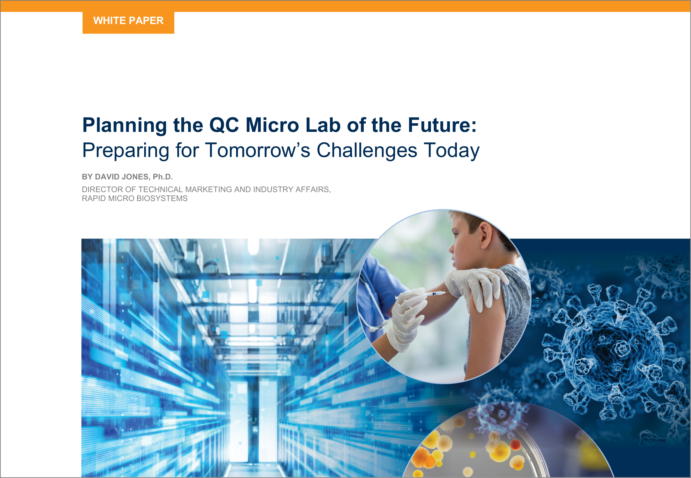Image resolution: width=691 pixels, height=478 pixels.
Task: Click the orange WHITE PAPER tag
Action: (128, 22)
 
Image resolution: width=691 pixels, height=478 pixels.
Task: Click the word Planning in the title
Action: (124, 125)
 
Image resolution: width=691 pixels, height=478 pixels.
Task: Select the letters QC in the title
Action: (224, 125)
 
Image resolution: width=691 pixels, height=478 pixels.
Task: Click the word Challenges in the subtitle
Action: (367, 150)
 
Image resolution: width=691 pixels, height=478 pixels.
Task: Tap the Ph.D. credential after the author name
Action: (163, 177)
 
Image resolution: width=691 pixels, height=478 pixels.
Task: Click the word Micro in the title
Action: (272, 125)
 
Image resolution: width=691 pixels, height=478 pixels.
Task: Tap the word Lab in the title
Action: (323, 125)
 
